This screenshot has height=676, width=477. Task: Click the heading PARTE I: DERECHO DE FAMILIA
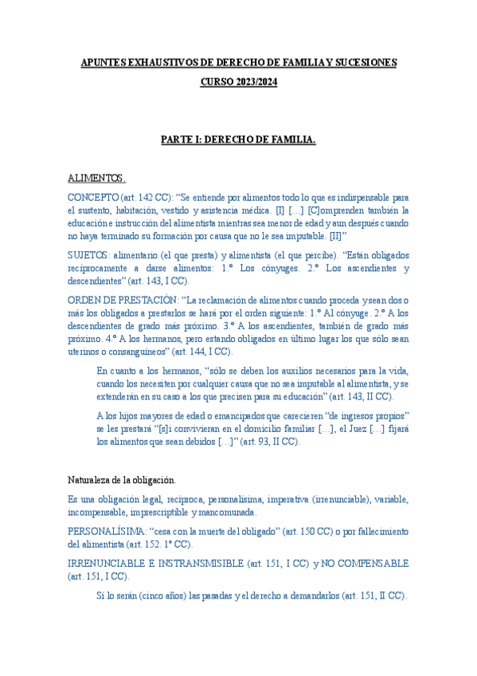pyautogui.click(x=238, y=140)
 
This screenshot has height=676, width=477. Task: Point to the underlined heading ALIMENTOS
pyautogui.click(x=96, y=178)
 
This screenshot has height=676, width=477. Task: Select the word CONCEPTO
pyautogui.click(x=91, y=197)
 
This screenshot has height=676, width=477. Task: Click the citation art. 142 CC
pyautogui.click(x=143, y=197)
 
